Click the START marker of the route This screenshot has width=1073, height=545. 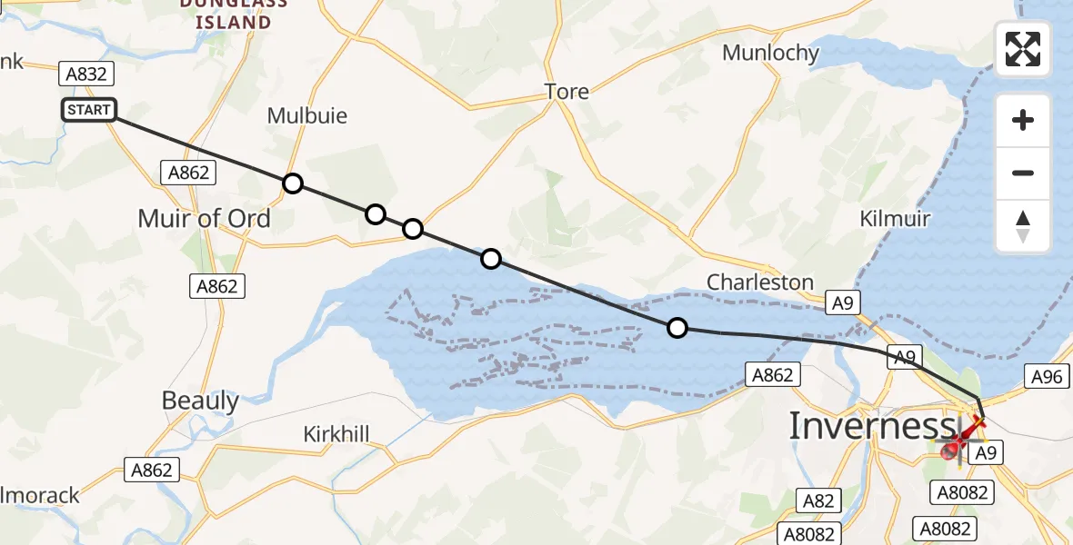click(89, 110)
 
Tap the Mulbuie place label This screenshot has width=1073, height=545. click(307, 116)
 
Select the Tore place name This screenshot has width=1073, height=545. click(567, 91)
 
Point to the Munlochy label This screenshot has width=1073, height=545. click(770, 53)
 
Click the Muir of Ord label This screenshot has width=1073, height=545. click(204, 218)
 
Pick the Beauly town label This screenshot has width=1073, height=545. click(200, 401)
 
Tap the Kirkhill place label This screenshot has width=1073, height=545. click(336, 434)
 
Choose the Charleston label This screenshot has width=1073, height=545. click(760, 282)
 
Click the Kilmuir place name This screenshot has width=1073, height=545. click(896, 219)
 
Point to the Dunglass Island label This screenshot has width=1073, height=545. click(233, 13)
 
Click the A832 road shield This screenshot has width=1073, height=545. click(87, 74)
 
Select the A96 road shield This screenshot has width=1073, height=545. click(1048, 376)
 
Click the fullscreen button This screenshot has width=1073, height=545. click(1023, 49)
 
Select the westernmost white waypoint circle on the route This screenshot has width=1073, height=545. click(293, 183)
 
